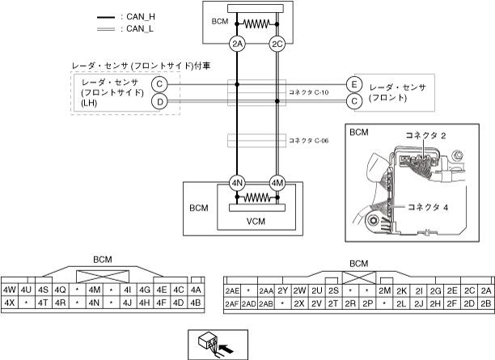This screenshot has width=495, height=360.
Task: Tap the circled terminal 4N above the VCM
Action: click(x=237, y=182)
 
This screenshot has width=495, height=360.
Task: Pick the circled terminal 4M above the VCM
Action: click(x=278, y=182)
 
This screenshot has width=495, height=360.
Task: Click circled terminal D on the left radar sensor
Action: click(x=160, y=101)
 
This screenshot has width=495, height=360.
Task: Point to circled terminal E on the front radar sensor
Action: click(x=353, y=84)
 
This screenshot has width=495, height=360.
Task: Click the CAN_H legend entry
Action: click(x=121, y=16)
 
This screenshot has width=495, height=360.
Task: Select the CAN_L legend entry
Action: click(x=121, y=28)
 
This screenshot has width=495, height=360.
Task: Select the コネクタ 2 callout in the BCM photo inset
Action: click(x=426, y=135)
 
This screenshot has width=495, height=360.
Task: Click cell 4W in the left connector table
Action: click(x=11, y=290)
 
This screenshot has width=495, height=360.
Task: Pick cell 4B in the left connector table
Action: click(x=195, y=303)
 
